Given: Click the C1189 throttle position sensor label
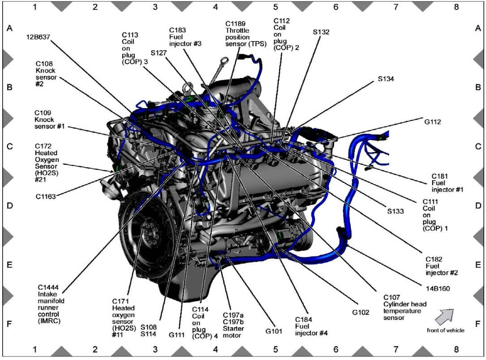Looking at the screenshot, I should [246, 33].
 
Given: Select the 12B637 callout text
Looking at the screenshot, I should [39, 37].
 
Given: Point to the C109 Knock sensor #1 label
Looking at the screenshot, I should [49, 120].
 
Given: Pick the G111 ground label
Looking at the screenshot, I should [177, 334].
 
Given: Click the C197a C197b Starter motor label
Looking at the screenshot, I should [231, 322].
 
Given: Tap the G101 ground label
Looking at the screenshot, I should [274, 332].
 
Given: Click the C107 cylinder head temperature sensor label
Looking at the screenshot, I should [405, 307].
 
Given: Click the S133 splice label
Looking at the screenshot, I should [396, 210].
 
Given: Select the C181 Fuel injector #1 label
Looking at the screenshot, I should [446, 182].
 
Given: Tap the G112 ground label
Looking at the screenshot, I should [433, 121].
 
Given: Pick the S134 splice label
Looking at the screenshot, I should [386, 79].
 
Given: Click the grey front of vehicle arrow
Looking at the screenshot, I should [444, 316].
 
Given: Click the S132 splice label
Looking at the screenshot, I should [321, 32].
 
